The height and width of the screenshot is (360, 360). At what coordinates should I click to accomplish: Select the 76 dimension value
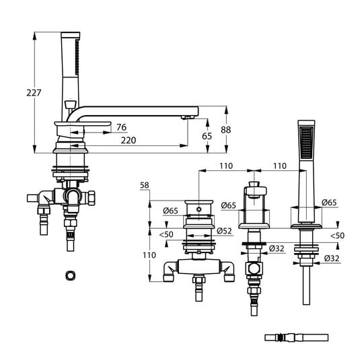click(x=121, y=127)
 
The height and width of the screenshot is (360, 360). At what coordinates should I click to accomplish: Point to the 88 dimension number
click(x=226, y=131)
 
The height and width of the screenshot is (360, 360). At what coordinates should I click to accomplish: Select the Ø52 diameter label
click(x=225, y=231)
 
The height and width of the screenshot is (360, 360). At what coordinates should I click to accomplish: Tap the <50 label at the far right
click(x=338, y=236)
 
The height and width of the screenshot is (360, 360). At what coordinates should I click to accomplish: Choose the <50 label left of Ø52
click(x=165, y=234)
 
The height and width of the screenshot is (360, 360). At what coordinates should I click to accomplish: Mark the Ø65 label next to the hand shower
click(x=330, y=202)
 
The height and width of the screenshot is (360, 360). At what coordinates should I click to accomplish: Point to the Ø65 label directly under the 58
click(x=170, y=211)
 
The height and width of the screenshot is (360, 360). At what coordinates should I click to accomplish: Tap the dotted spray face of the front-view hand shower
click(x=305, y=139)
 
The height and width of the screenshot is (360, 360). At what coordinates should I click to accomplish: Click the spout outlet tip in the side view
click(x=188, y=118)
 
